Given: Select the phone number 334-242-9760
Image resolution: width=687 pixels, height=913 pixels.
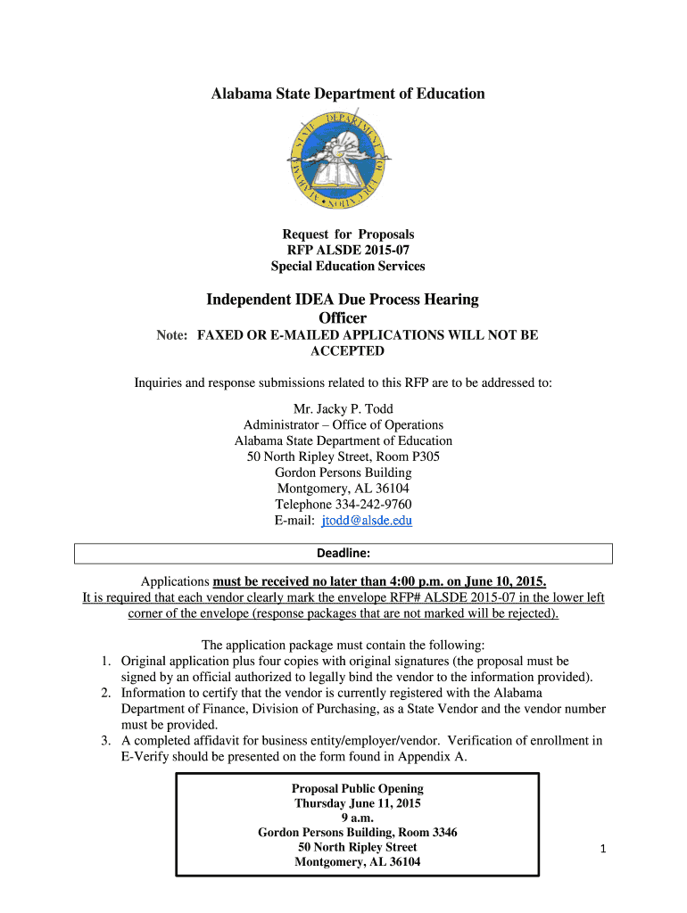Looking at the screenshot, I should tap(368, 505).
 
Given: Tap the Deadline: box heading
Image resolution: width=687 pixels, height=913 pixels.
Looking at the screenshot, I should tap(343, 554).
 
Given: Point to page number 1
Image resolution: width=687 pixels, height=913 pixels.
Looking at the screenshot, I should tap(602, 849).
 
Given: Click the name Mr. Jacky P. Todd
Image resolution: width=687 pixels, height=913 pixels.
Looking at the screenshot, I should tap(343, 409).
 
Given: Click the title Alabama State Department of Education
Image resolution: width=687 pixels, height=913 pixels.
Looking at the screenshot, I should tap(348, 94).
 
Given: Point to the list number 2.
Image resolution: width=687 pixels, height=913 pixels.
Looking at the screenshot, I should tap(104, 693).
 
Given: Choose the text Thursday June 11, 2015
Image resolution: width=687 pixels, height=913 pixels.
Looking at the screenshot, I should tap(358, 803).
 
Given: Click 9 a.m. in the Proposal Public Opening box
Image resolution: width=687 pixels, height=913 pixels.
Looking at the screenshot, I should tap(358, 818).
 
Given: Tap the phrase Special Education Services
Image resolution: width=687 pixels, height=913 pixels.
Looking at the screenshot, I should tap(348, 266).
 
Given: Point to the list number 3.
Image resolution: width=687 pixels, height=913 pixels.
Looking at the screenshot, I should tap(104, 741).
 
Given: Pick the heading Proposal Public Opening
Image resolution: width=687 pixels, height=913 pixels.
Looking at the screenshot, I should tap(358, 788).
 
